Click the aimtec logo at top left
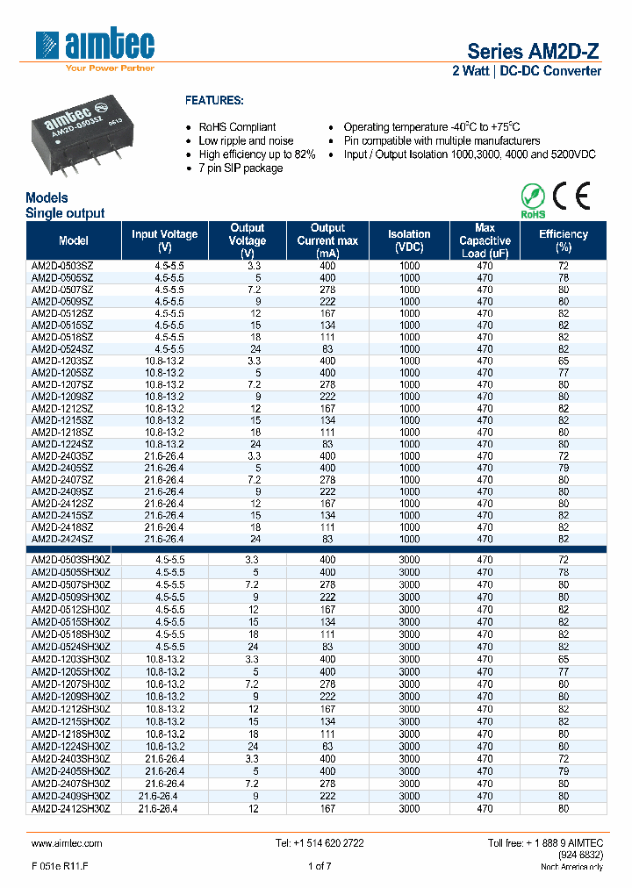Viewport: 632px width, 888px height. click(95, 48)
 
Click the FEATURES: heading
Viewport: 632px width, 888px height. click(213, 101)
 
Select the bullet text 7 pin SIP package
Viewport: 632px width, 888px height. click(241, 168)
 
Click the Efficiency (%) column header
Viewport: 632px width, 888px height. click(563, 240)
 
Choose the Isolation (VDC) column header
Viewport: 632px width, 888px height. click(409, 240)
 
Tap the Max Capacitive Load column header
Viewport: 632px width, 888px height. click(485, 240)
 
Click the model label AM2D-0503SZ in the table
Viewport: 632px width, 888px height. click(62, 266)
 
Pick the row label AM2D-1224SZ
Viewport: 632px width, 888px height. click(62, 444)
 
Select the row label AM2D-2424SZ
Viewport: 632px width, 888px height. click(62, 539)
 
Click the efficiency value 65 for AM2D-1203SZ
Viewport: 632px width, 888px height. click(563, 361)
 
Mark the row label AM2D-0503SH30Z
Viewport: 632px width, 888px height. click(71, 559)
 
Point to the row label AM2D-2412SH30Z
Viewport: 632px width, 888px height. click(71, 809)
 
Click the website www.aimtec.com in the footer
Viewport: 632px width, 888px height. click(67, 843)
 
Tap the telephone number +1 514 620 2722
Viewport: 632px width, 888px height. click(320, 843)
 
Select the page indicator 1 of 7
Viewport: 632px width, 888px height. click(320, 867)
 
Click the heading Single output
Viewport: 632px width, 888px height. click(65, 213)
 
